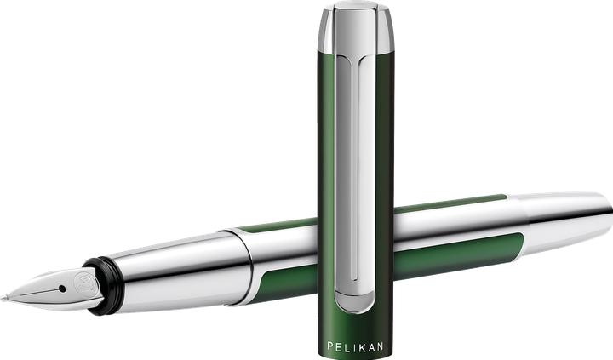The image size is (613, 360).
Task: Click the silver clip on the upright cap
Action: point(356,170)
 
